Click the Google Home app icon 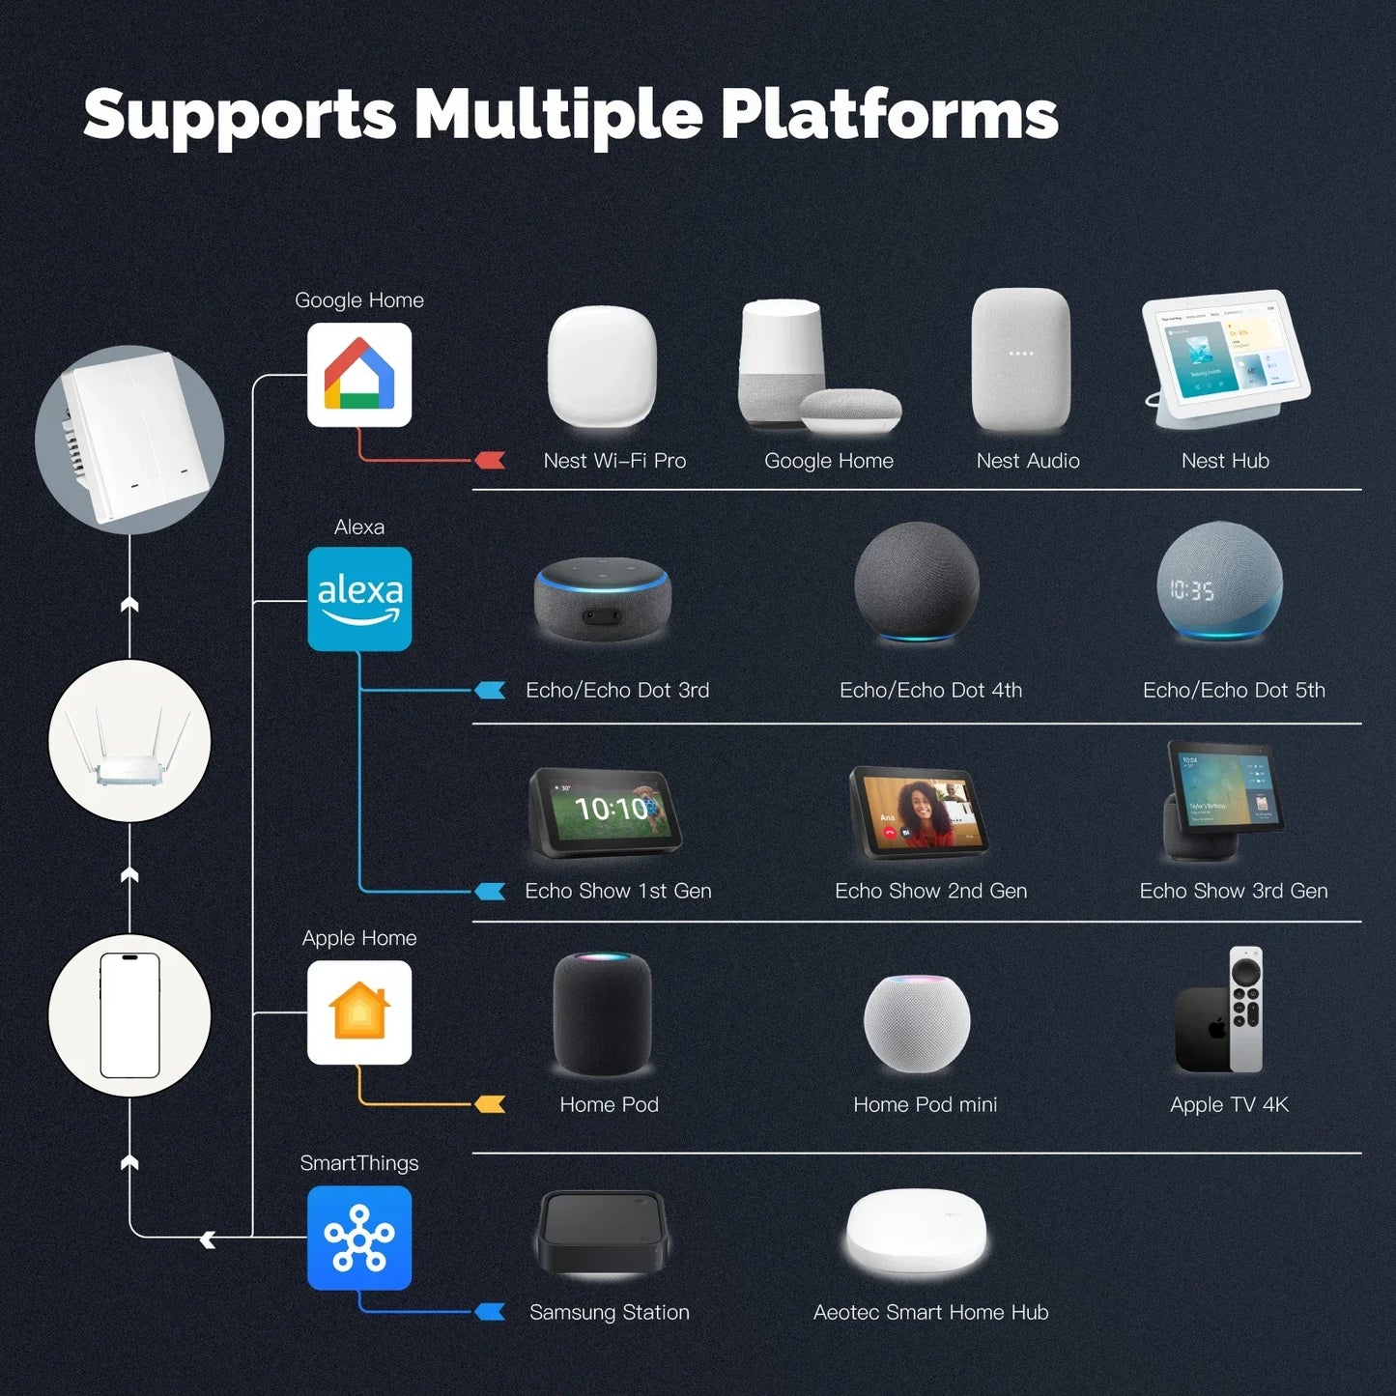pyautogui.click(x=359, y=375)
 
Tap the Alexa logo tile pyautogui.click(x=359, y=599)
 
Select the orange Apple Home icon pyautogui.click(x=359, y=1011)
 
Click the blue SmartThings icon pyautogui.click(x=359, y=1238)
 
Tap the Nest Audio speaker pyautogui.click(x=1021, y=360)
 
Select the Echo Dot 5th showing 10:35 pyautogui.click(x=1220, y=583)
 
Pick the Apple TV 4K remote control pyautogui.click(x=1246, y=1009)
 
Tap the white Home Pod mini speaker pyautogui.click(x=916, y=1023)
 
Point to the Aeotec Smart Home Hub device pyautogui.click(x=917, y=1233)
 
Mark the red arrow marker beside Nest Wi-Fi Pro pyautogui.click(x=491, y=461)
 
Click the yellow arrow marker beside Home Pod pyautogui.click(x=491, y=1104)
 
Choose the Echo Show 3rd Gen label pyautogui.click(x=1233, y=891)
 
